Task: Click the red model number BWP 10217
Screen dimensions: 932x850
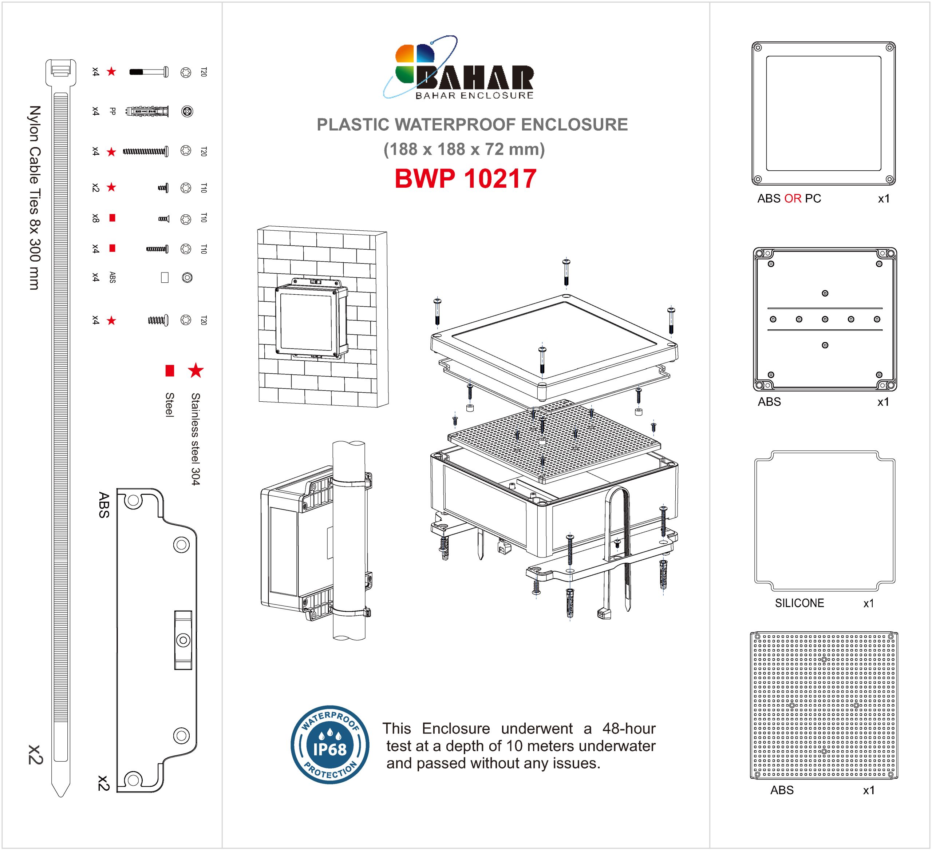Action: click(x=465, y=178)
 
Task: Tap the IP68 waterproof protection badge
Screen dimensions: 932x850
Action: click(x=329, y=745)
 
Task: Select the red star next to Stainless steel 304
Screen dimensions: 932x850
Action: click(x=196, y=370)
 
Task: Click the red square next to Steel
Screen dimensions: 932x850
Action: click(x=170, y=370)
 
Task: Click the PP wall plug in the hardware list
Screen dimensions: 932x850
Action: click(x=147, y=111)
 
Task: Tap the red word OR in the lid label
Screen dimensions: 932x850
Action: click(x=793, y=199)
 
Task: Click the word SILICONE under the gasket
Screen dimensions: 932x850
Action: click(x=799, y=603)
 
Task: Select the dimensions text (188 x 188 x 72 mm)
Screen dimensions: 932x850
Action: click(x=464, y=149)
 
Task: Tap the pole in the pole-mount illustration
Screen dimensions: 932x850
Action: click(x=349, y=540)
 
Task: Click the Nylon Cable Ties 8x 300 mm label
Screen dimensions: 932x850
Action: click(x=35, y=198)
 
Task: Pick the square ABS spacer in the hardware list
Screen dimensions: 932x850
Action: click(x=165, y=277)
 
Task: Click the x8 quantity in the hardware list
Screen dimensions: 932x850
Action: click(x=96, y=218)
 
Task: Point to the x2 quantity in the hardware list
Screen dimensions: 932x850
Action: click(x=96, y=187)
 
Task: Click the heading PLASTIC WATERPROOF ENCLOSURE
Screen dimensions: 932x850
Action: click(x=472, y=125)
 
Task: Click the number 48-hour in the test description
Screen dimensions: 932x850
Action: click(x=629, y=728)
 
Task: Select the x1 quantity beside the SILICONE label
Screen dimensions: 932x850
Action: click(x=869, y=603)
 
